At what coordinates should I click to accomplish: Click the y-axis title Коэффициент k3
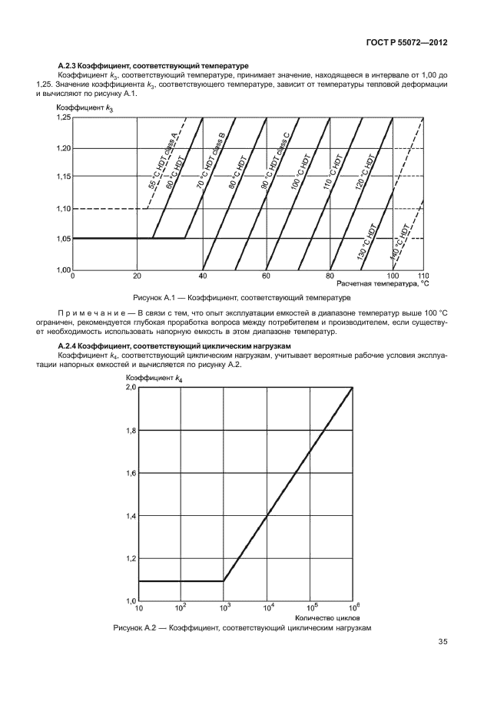coord(85,109)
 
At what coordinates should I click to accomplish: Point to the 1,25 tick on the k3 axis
coord(62,118)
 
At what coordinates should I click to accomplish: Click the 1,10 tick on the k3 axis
coord(62,209)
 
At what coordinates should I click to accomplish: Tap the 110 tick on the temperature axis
coord(422,275)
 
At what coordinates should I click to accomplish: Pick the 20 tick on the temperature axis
coord(137,275)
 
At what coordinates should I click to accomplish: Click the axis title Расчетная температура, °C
coord(382,283)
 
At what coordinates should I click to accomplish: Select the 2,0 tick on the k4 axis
coord(130,389)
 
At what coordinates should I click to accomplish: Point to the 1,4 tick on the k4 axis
coord(130,516)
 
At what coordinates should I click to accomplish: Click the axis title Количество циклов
coord(323,617)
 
